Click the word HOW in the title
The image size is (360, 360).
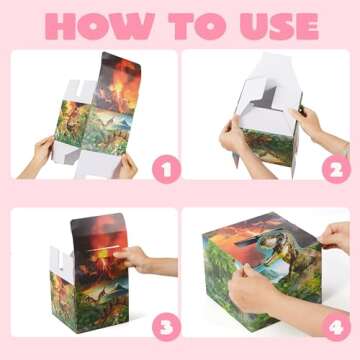click(x=96, y=23)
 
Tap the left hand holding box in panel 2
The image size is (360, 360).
click(x=233, y=135)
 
